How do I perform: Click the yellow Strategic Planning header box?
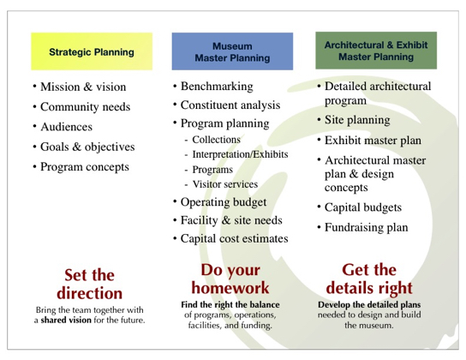click(x=92, y=51)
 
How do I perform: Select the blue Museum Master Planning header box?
click(x=232, y=51)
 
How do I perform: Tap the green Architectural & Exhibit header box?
click(x=376, y=51)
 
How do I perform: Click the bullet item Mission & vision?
click(x=83, y=87)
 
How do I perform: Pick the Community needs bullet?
click(x=86, y=107)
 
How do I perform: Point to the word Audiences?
click(x=67, y=127)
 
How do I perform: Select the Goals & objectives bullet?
click(x=87, y=147)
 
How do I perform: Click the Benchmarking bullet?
click(x=217, y=87)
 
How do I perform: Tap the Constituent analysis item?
click(x=230, y=105)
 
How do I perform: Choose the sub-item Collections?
click(x=217, y=140)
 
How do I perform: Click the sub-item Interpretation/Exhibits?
click(x=240, y=154)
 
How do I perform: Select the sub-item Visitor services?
click(x=225, y=184)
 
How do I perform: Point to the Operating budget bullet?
click(x=224, y=202)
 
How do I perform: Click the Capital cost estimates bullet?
click(x=235, y=238)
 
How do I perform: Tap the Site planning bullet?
click(x=357, y=120)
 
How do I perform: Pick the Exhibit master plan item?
click(x=373, y=141)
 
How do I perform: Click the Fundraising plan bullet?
click(x=366, y=227)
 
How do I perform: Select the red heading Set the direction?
click(x=89, y=285)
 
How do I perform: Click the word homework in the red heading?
click(x=230, y=288)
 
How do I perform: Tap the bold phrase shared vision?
click(x=66, y=321)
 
